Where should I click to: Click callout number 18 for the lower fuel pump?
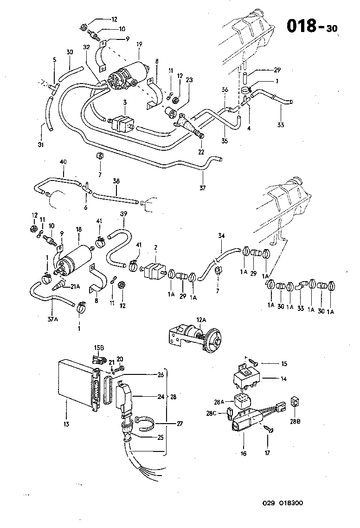[x=79, y=230]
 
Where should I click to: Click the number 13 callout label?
[x=66, y=424]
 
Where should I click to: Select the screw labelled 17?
[x=268, y=431]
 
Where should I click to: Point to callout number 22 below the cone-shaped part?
[x=201, y=152]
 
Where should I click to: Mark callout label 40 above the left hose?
[x=63, y=162]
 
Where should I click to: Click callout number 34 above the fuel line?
[x=222, y=237]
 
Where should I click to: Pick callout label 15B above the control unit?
[x=99, y=348]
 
